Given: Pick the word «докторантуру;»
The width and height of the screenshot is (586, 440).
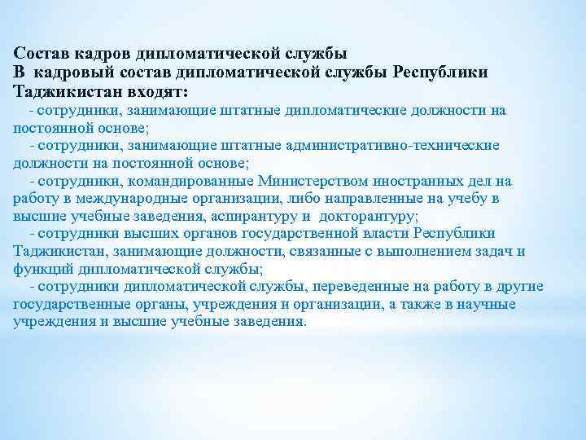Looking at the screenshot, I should [369, 217].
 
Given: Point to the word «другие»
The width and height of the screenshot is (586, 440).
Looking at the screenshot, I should [521, 287].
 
